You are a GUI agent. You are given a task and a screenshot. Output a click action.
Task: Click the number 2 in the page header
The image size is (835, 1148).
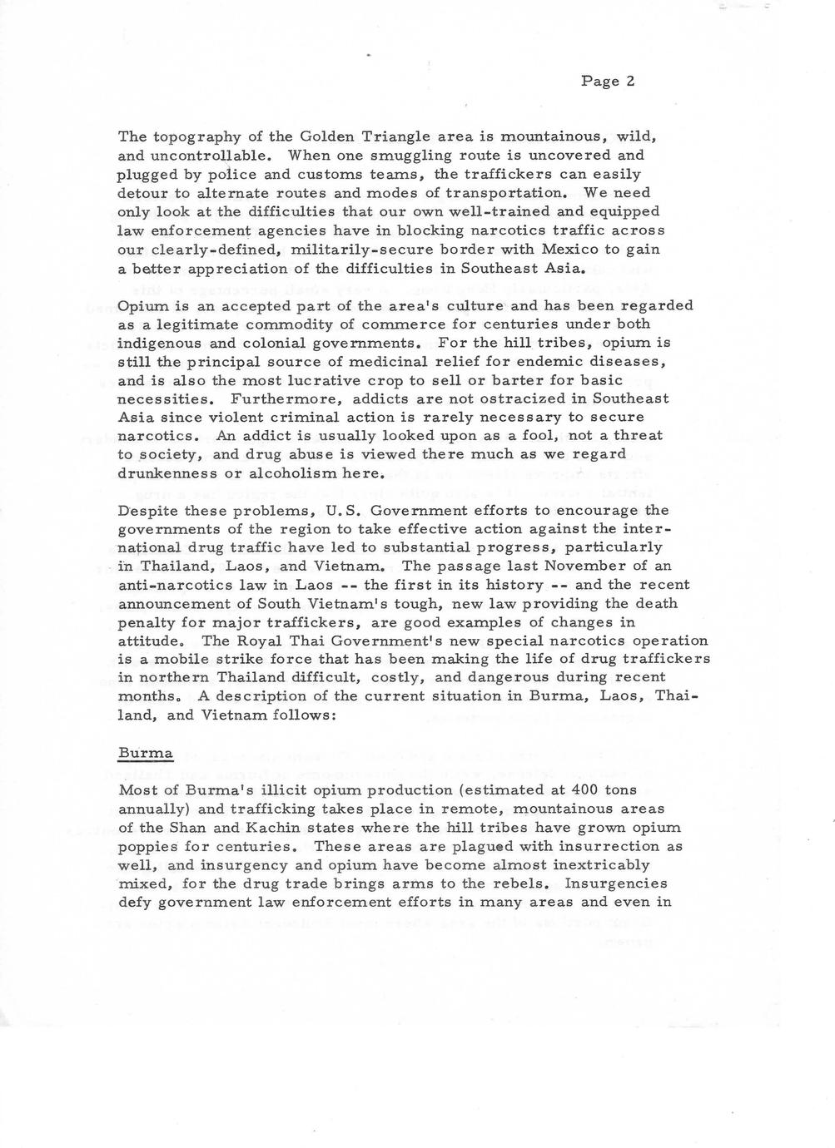(x=630, y=81)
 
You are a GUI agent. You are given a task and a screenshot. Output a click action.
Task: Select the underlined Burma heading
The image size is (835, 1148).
(x=146, y=754)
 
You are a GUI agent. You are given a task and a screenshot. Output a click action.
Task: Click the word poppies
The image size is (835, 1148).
(x=147, y=847)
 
